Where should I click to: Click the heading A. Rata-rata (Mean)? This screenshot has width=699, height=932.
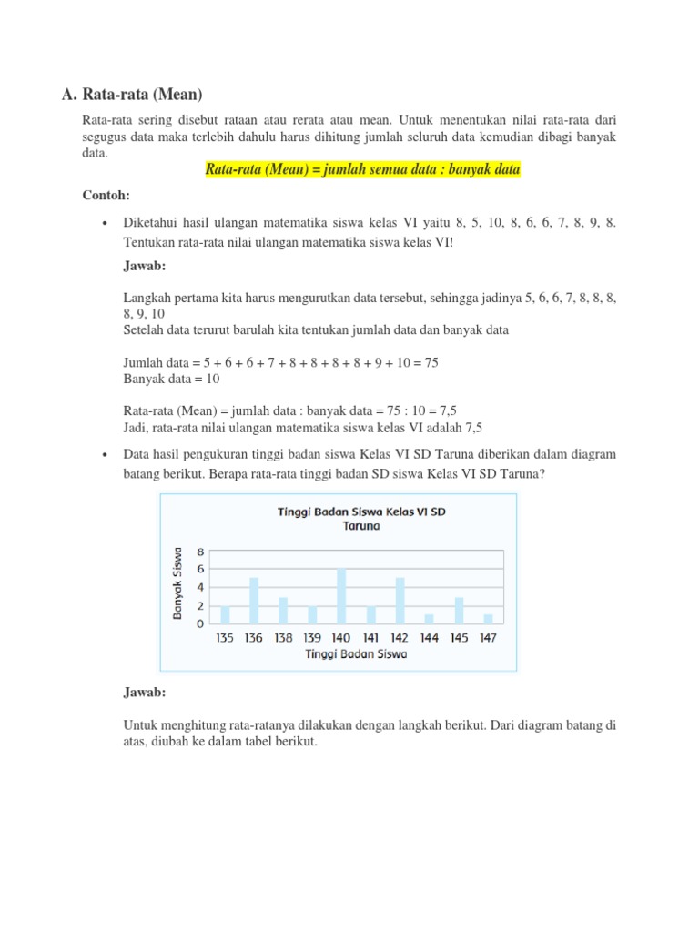coord(131,94)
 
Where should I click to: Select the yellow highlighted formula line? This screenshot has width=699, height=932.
coord(362,170)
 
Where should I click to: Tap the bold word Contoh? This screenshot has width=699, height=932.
coord(106,196)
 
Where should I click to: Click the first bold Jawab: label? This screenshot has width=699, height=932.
coord(145,265)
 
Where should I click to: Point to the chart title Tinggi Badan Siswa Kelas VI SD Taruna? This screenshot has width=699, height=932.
coord(361,518)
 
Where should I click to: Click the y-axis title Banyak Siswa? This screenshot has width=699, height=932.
coord(178,583)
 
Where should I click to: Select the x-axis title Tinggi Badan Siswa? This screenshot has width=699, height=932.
coord(356,653)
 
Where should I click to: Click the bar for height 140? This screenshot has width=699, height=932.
coord(341,596)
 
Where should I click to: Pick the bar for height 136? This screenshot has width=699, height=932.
coord(254,601)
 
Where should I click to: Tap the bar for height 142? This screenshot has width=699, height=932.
coord(400,601)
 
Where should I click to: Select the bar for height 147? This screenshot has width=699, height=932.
coord(488,619)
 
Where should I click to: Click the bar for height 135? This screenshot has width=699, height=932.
coord(225,614)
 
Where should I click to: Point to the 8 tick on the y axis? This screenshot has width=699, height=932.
coord(200,552)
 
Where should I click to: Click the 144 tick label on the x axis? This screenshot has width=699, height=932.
coord(429,637)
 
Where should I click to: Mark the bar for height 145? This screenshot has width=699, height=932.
coord(459,610)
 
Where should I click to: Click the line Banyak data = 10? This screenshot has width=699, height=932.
coord(171,379)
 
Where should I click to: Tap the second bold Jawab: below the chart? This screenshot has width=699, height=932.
coord(145,693)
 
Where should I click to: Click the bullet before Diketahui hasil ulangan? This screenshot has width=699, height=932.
coord(106,224)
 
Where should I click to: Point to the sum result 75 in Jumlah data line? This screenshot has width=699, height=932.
coord(431,362)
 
